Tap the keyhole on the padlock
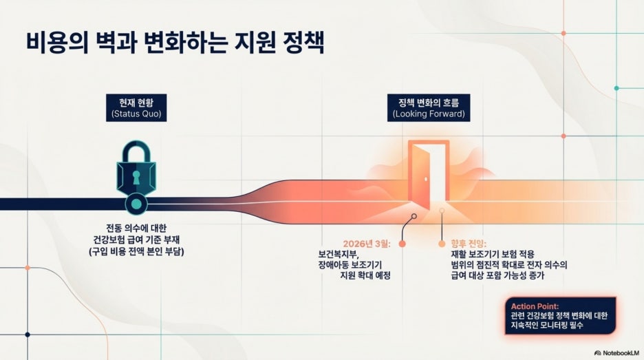pyautogui.click(x=136, y=178)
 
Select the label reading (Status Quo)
pyautogui.click(x=136, y=114)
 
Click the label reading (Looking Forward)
pyautogui.click(x=429, y=114)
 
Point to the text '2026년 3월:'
pyautogui.click(x=367, y=244)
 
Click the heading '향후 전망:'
pyautogui.click(x=469, y=244)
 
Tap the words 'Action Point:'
pyautogui.click(x=535, y=306)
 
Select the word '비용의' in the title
pyautogui.click(x=57, y=42)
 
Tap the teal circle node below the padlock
pyautogui.click(x=136, y=204)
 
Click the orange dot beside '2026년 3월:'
pyautogui.click(x=402, y=244)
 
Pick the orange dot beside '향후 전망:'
pyautogui.click(x=442, y=244)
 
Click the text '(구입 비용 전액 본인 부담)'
pyautogui.click(x=136, y=252)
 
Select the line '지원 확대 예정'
pyautogui.click(x=365, y=275)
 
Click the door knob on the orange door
pyautogui.click(x=426, y=179)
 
